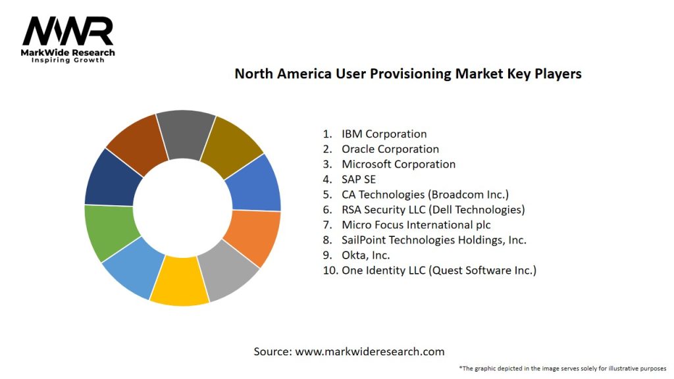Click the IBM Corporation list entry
[x=384, y=134]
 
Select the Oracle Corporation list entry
[x=390, y=149]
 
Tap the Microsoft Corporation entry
[x=398, y=164]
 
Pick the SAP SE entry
[x=359, y=180]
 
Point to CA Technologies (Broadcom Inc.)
[x=425, y=195]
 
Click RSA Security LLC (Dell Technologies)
[x=432, y=210]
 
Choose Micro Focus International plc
[x=416, y=225]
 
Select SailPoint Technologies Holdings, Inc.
[x=434, y=240]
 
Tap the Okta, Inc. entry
[x=365, y=255]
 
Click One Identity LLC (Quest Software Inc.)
[x=438, y=270]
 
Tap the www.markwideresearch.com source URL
[x=370, y=351]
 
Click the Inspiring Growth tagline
[x=68, y=61]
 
